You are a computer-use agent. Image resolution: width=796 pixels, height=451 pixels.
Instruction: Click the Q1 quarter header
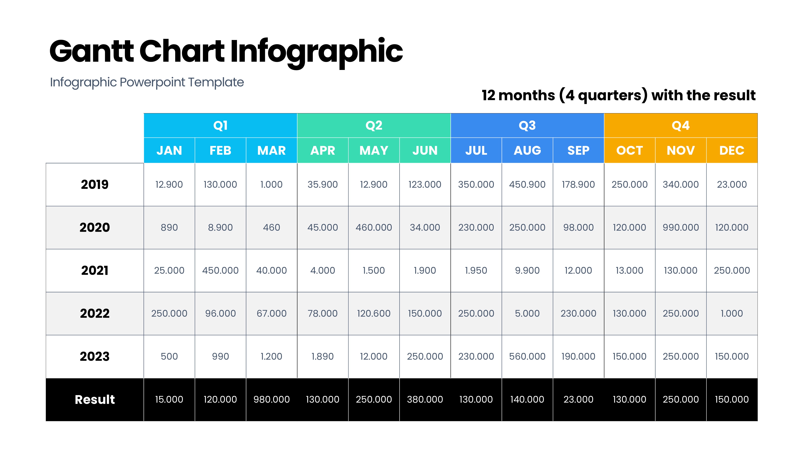point(220,125)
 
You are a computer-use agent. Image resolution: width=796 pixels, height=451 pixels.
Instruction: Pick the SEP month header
point(578,151)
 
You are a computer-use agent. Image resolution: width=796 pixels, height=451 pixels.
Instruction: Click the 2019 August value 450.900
point(527,185)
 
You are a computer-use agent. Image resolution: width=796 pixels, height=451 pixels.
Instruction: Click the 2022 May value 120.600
point(374,314)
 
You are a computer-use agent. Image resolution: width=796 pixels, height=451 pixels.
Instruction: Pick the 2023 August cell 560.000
point(527,357)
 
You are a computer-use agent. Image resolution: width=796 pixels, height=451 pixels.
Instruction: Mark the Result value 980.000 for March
point(272,400)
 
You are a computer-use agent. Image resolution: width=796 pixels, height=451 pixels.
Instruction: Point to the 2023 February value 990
point(220,357)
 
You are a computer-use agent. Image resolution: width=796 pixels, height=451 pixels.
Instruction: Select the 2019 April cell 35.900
point(322,185)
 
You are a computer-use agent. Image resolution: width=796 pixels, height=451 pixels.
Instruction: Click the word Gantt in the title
point(92,51)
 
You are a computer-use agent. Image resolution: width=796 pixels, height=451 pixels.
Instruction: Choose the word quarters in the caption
point(612,95)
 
